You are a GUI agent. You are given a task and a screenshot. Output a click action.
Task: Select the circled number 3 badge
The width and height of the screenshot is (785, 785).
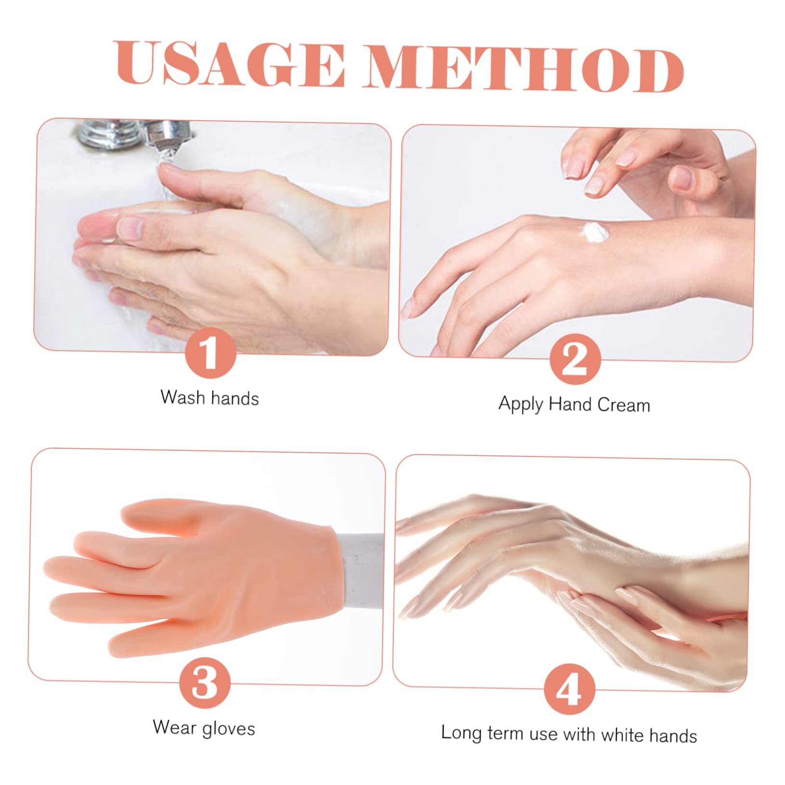tap(204, 683)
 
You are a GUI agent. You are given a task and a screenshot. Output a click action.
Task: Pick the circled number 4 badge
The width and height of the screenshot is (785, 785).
tap(569, 689)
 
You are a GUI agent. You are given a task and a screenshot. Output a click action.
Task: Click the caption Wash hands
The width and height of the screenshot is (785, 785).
tap(209, 398)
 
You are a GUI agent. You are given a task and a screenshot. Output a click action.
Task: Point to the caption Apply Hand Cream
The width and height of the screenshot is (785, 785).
tap(574, 404)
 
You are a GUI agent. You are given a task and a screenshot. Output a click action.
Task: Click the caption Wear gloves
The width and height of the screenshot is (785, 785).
tap(203, 728)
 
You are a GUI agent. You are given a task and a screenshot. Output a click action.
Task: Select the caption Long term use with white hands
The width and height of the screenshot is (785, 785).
tap(569, 734)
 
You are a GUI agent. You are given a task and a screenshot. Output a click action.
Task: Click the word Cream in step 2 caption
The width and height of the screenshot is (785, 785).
tap(623, 405)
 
